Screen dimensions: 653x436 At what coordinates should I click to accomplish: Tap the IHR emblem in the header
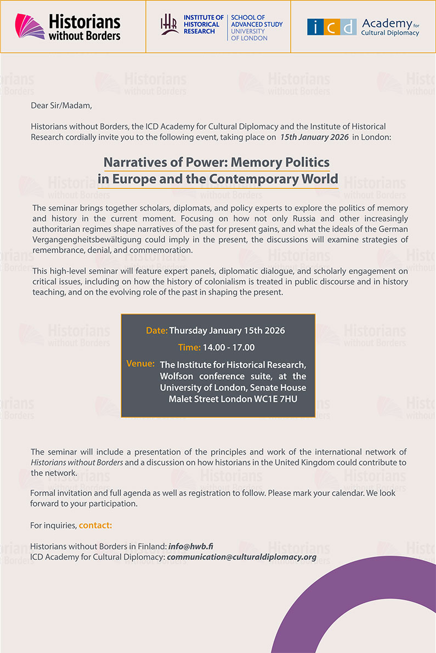pos(169,25)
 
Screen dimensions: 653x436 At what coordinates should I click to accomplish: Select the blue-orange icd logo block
pos(332,27)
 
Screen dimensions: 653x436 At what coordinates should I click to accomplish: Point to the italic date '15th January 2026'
pos(314,137)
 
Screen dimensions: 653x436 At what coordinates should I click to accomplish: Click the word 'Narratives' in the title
pos(136,162)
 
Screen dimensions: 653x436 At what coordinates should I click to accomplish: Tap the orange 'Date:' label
pos(157,330)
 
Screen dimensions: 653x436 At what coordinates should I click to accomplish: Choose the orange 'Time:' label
pos(189,347)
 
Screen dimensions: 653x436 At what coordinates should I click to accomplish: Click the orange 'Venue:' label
pos(140,364)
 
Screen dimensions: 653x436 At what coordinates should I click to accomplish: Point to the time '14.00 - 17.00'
pos(229,347)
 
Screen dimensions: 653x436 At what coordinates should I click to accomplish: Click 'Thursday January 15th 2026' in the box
pos(227,330)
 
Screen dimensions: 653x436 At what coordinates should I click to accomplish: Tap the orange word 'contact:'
pos(95,525)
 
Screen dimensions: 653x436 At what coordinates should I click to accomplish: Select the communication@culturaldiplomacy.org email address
pos(242,557)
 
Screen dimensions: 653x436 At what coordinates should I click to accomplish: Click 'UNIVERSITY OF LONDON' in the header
pos(249,35)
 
